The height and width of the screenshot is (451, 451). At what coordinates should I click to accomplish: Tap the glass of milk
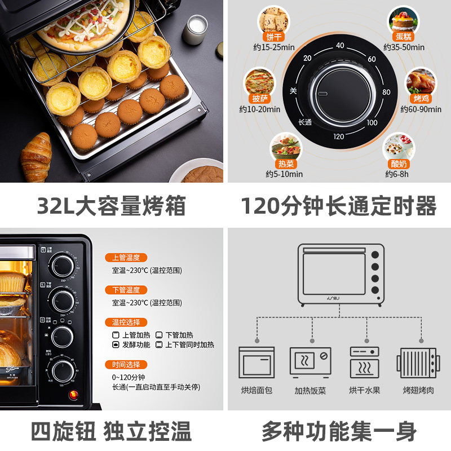(x=193, y=29)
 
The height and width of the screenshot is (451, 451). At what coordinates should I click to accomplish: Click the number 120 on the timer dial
(x=338, y=136)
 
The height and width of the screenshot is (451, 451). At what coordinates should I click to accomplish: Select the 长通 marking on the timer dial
(x=305, y=122)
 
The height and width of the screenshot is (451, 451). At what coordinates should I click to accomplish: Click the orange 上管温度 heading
(x=126, y=258)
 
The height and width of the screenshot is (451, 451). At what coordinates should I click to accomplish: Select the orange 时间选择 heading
(x=126, y=365)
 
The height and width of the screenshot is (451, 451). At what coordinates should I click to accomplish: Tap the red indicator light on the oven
(x=72, y=394)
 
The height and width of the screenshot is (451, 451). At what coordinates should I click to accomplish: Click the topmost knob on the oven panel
(x=61, y=264)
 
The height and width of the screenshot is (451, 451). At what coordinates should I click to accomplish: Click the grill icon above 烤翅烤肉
(x=417, y=363)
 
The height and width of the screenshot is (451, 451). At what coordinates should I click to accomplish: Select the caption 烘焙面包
(x=257, y=390)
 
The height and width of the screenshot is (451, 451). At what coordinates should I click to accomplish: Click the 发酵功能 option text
(x=135, y=344)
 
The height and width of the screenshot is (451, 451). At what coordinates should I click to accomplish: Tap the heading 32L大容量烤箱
(x=111, y=207)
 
